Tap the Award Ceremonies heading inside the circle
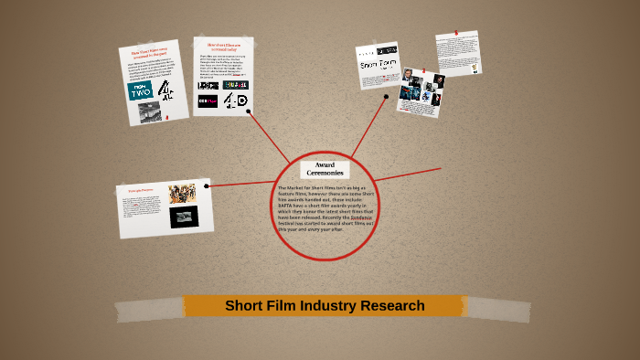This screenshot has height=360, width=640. coord(325,169)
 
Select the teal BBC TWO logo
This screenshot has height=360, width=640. coord(140,90)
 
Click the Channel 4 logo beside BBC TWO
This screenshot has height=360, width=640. coord(165,90)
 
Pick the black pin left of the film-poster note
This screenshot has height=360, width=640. coord(387,96)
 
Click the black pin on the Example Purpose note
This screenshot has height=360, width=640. coord(208,186)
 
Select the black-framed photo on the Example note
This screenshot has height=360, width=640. coord(182,217)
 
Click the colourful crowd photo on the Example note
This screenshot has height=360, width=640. coord(182,194)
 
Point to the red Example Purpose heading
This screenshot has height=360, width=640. coord(141,190)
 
